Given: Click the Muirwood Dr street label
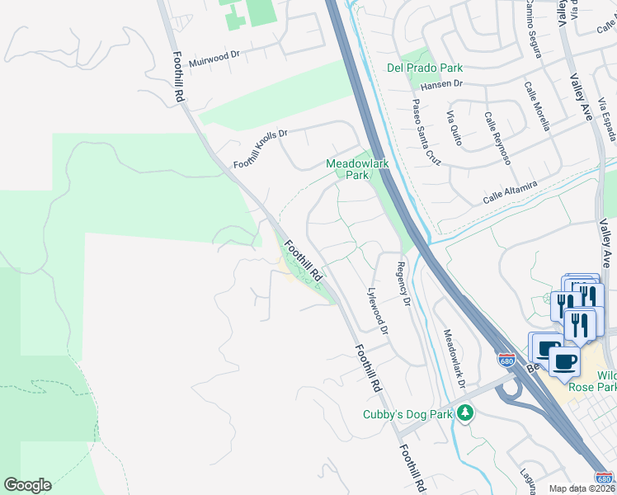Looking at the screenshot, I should pos(214,59).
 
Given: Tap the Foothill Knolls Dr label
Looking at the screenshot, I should pos(260,149).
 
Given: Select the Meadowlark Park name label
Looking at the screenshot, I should pos(356,169).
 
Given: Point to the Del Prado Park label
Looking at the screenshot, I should pos(425,68).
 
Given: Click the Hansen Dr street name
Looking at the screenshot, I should pos(442,83).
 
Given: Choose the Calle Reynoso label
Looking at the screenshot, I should pos(497,138).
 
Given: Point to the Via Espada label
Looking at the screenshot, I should pos(606,117).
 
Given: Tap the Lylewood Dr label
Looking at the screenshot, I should pos(377,310).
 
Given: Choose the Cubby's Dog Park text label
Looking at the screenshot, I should pos(407,414).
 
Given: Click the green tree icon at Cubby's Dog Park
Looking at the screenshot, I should pos(466,412).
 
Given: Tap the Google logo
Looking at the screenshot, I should pos(27,485).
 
